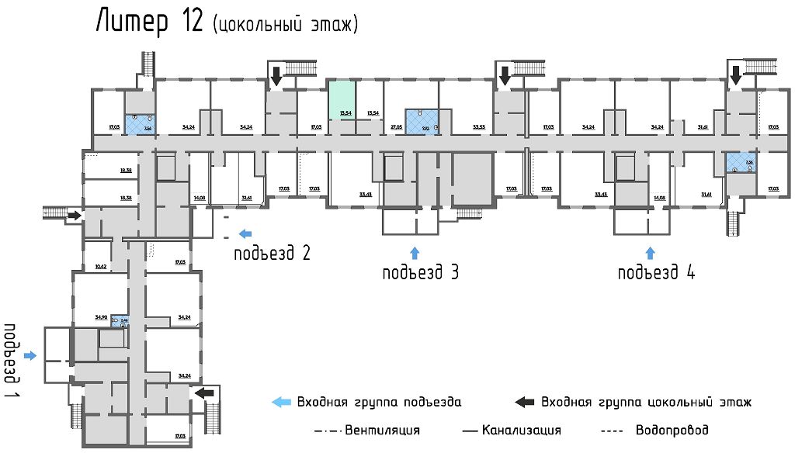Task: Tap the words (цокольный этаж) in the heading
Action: pos(285,24)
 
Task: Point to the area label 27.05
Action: pos(396,126)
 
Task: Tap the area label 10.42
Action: pos(99,266)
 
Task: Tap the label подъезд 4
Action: pos(656,272)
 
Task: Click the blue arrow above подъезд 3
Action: pos(415,252)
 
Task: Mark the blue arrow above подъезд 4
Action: pos(651,252)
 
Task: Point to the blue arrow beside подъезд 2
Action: pos(245,233)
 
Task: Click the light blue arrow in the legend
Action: pos(280,402)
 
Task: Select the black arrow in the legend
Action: pos(526,402)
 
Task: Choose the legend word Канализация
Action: pos(521,430)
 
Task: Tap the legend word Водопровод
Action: pos(672,430)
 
